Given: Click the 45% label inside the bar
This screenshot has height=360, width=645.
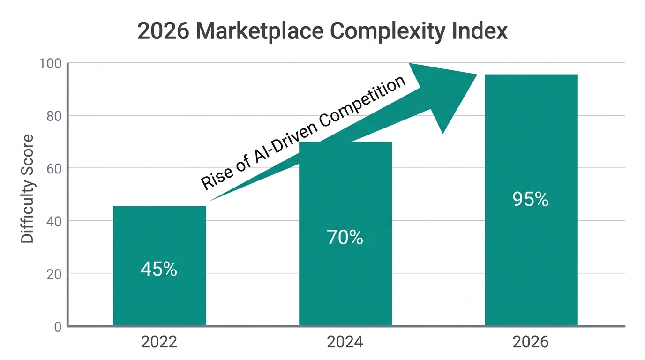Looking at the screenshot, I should (x=159, y=269).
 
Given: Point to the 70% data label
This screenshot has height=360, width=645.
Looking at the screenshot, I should (x=345, y=238).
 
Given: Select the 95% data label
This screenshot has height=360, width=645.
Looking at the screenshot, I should (x=531, y=200).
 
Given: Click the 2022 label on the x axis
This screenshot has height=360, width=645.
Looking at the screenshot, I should (x=159, y=342).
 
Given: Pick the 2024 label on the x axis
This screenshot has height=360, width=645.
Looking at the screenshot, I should (x=345, y=342).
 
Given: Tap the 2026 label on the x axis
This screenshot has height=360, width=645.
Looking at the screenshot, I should (x=531, y=342).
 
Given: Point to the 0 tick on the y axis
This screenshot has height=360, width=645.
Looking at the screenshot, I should (x=58, y=327).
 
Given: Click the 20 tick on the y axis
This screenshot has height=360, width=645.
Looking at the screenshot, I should (x=54, y=274).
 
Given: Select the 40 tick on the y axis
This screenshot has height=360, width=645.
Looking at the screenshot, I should (x=54, y=221).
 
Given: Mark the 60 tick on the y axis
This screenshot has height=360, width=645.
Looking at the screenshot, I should (x=54, y=168).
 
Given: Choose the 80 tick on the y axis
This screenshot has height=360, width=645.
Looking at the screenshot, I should (x=54, y=116).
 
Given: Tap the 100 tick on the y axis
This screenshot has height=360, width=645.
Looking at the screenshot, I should (x=51, y=63).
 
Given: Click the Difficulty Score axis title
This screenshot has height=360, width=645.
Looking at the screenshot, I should (x=28, y=188).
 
